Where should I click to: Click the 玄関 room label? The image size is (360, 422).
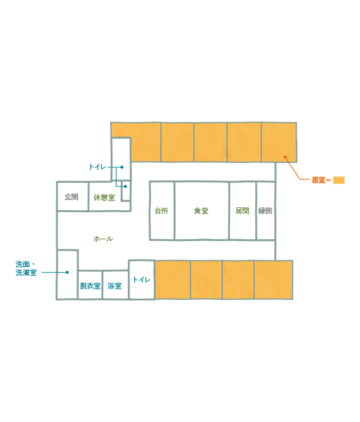[x=72, y=197]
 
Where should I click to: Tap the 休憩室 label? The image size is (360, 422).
[x=104, y=197]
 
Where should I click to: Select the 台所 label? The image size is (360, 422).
[x=162, y=211]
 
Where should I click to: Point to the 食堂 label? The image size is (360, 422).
[x=201, y=211]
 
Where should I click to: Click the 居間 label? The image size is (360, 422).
[x=242, y=211]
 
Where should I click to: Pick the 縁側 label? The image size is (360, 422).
[x=265, y=211]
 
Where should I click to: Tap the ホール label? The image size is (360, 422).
[x=103, y=239]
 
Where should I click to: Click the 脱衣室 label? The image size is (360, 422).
[x=90, y=286]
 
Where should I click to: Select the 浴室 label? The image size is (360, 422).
[x=115, y=286]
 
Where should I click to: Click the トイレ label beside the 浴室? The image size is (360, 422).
[x=141, y=279]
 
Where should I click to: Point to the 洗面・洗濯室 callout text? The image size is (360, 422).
[x=26, y=268]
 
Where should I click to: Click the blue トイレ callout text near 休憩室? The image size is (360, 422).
[x=97, y=167]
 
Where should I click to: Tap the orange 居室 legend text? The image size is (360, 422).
[x=319, y=180]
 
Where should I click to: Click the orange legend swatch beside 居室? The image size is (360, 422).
[x=339, y=180]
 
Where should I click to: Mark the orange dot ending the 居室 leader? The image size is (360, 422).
[x=285, y=157]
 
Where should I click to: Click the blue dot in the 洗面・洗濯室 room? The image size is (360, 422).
[x=67, y=272]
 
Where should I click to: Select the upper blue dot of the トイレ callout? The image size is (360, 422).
[x=122, y=167]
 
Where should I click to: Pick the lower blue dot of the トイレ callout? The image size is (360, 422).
[x=125, y=186]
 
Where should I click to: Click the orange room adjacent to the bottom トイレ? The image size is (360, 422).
[x=173, y=279]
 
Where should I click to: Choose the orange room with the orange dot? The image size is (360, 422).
[x=279, y=142]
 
